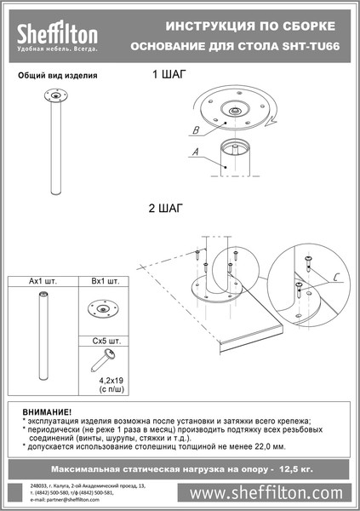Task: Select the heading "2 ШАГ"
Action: pos(166,207)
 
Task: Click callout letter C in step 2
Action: pos(337,277)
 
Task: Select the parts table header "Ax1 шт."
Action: pos(42,281)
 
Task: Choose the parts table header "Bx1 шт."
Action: pos(103,281)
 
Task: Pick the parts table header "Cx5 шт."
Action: pos(103,340)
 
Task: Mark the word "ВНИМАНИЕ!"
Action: pos(47,413)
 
